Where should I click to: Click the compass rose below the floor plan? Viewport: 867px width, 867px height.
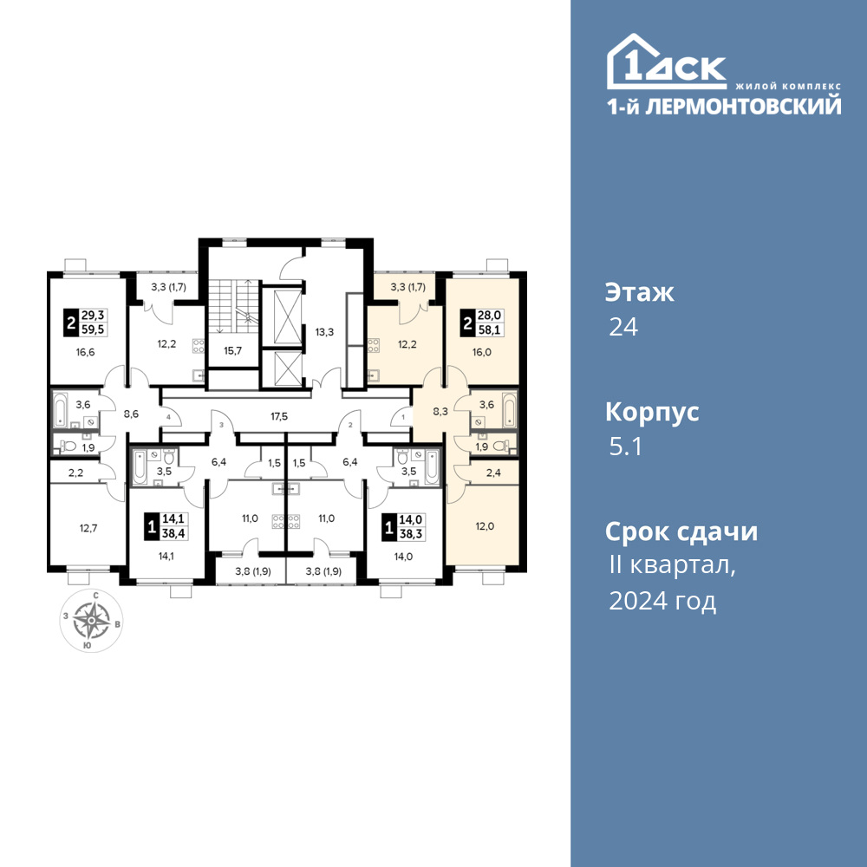pos(92,621)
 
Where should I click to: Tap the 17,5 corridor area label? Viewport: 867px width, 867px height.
pos(279,416)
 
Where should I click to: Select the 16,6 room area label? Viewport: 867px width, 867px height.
pos(86,352)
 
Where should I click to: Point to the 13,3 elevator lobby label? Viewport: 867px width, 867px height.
pos(324,332)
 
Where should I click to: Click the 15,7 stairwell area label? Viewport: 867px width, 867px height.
pos(232,350)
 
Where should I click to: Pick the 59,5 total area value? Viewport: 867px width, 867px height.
pos(93,329)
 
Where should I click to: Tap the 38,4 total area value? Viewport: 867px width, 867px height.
pos(173,533)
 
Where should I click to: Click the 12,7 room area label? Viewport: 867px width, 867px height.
pos(88,528)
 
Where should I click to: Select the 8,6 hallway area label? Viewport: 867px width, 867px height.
pos(131,414)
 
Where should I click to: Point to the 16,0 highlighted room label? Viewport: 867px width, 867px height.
pos(481,352)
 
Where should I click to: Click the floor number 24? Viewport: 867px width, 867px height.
pos(623,328)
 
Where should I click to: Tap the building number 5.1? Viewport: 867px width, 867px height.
pos(625,447)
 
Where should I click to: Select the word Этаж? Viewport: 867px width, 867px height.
pos(640,292)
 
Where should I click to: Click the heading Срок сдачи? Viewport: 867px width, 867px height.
pos(681,532)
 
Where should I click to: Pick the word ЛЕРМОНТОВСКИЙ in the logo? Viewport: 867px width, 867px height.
pos(744,106)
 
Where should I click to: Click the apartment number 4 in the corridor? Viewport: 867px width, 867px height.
pos(168,417)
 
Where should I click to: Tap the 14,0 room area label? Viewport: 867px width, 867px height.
pos(403,557)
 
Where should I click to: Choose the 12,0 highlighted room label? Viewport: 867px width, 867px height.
pos(485,526)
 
